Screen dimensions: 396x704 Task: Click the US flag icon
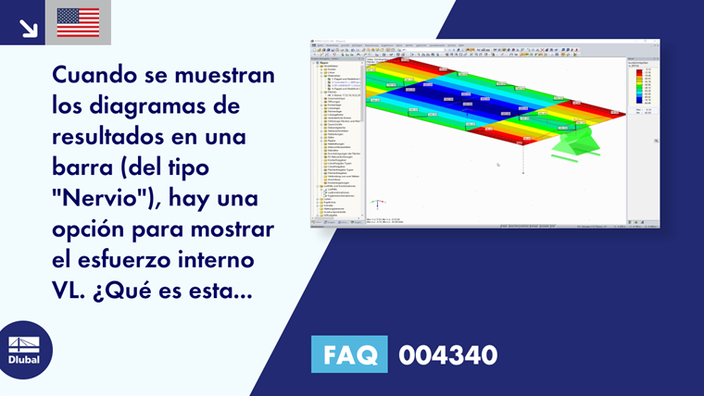click(x=78, y=22)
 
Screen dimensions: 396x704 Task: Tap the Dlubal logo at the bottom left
click(x=24, y=350)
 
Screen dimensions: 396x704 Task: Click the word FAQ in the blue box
click(x=349, y=354)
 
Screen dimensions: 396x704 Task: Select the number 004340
click(x=447, y=354)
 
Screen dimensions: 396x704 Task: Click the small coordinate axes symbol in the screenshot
click(x=377, y=204)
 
